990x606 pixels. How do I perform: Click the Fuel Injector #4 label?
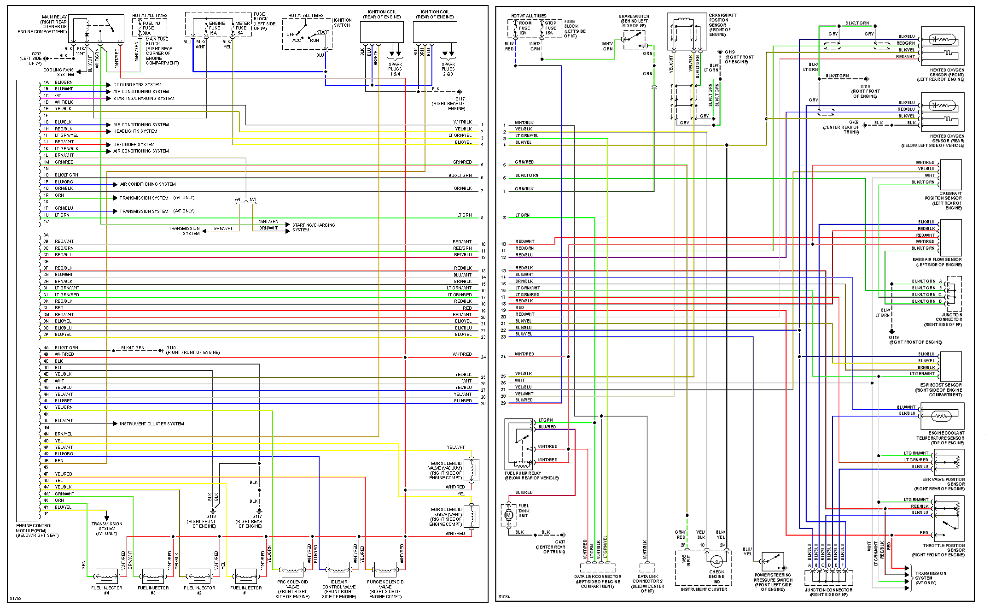(106, 590)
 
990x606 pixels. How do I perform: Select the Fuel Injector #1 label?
(246, 590)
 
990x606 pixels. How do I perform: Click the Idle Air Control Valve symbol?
(338, 570)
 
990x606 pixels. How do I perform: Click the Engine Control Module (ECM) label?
(37, 530)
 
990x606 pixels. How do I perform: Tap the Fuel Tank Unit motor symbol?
(509, 515)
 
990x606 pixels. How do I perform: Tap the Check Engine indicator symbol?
(716, 561)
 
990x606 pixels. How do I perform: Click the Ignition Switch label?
(343, 23)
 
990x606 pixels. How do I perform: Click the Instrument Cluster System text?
(151, 424)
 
